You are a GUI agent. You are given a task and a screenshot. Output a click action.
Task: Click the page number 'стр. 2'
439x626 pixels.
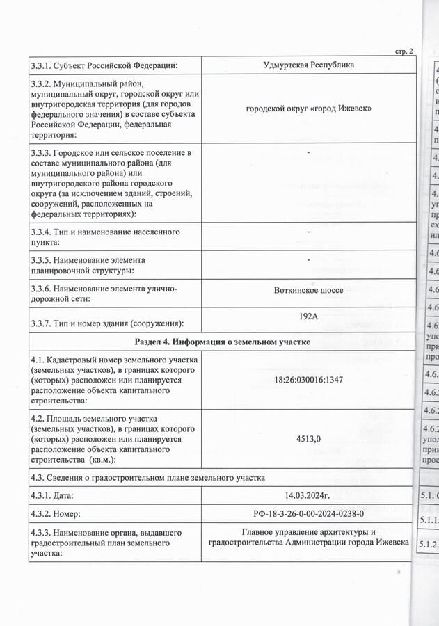tap(404, 51)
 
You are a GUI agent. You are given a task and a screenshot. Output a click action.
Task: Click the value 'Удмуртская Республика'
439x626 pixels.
tap(308, 65)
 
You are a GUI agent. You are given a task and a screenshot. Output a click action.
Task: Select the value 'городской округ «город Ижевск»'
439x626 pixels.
tap(308, 109)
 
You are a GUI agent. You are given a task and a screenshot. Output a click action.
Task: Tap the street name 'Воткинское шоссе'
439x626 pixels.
tap(308, 290)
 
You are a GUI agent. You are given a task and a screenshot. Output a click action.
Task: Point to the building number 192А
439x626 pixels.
tap(308, 316)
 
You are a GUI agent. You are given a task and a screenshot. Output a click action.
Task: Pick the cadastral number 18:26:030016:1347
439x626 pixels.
tap(308, 380)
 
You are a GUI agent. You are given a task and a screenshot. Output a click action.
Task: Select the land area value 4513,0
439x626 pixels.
tap(308, 439)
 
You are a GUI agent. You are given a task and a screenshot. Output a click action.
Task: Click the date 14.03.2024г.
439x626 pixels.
tap(308, 496)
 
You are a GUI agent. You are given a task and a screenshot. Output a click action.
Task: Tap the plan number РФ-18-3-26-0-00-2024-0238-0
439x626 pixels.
tap(308, 514)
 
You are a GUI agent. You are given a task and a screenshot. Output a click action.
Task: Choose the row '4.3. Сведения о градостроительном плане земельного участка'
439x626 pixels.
tap(147, 477)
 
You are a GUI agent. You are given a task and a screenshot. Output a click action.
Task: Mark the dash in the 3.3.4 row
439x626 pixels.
tap(308, 232)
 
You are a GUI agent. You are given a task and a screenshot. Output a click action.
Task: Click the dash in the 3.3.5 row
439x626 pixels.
tap(308, 259)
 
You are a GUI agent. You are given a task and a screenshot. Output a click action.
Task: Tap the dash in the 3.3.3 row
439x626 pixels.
tap(308, 152)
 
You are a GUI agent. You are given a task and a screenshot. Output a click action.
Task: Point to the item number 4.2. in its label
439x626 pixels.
tap(39, 419)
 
